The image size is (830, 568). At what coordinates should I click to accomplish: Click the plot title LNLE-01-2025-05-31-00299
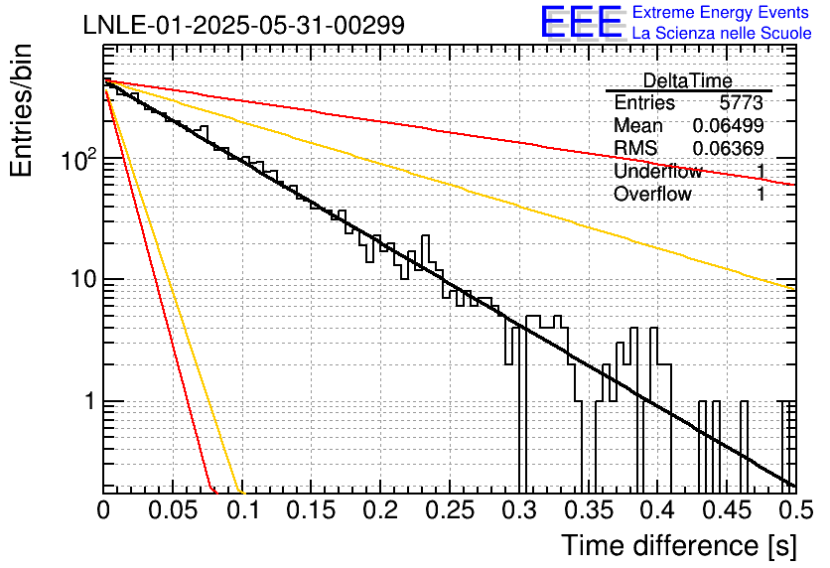244,25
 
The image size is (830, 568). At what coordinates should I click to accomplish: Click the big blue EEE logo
582,22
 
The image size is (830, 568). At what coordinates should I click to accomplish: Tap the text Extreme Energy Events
721,12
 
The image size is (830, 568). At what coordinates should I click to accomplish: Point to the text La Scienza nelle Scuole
722,33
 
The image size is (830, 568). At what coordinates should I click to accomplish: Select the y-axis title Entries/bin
21,110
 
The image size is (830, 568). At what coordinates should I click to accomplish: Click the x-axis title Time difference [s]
679,545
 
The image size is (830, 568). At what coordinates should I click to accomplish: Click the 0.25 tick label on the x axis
450,510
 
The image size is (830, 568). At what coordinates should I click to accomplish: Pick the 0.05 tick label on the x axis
173,510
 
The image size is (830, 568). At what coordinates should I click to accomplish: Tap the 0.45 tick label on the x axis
727,510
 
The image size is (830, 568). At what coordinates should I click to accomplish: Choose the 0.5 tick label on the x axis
795,510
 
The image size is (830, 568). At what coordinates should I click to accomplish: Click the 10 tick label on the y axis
83,279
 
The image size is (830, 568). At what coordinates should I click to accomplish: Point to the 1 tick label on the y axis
90,401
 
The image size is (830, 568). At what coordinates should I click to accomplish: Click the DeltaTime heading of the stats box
688,80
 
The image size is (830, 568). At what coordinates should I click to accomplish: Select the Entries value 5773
741,102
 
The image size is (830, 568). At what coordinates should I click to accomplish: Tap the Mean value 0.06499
729,125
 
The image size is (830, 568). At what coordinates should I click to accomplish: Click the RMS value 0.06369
729,148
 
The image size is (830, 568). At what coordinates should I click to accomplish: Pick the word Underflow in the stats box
658,171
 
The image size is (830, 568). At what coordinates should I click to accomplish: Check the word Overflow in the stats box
652,194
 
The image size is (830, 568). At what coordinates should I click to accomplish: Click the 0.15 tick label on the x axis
312,510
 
